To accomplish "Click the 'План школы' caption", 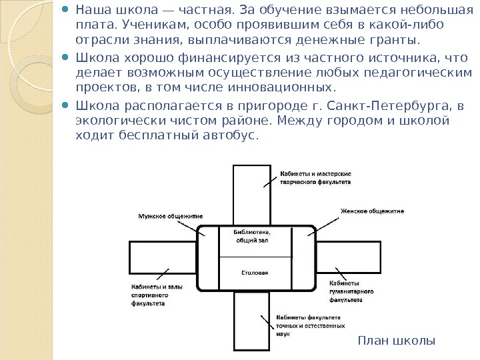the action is coord(396,341).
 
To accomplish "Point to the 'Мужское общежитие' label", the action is coord(171,216).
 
